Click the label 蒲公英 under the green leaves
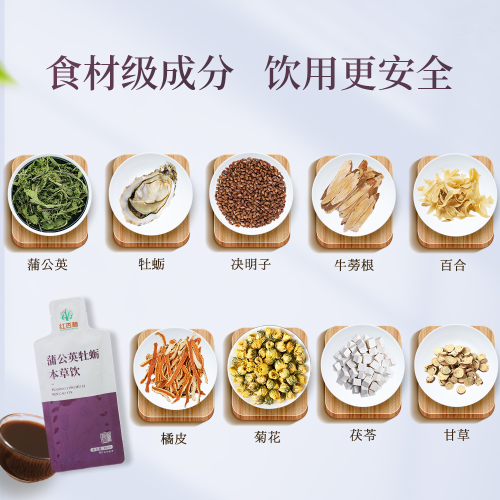[47, 264]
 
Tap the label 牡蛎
[151, 264]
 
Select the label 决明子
[251, 264]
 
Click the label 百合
[453, 265]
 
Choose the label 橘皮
[174, 439]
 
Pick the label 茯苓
[363, 435]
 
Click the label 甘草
[456, 435]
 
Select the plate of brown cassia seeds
[250, 193]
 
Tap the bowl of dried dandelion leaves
[49, 194]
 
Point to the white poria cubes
[362, 365]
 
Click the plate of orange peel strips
[174, 367]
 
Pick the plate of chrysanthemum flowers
[268, 366]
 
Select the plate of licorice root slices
[455, 365]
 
